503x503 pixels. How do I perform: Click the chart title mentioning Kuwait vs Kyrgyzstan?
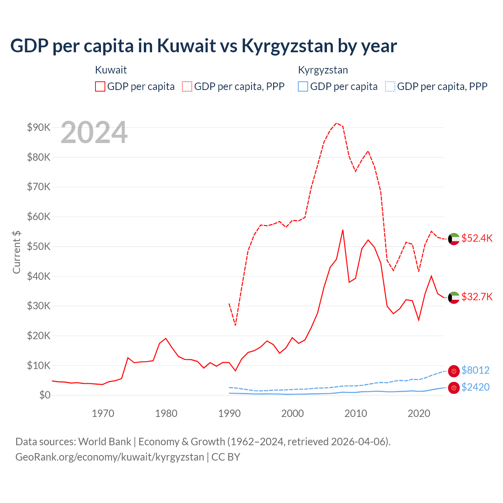[204, 46]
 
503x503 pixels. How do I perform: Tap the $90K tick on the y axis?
[39, 127]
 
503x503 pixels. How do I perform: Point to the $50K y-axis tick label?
[39, 246]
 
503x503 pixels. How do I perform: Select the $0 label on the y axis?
[45, 395]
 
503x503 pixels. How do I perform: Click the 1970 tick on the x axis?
[103, 413]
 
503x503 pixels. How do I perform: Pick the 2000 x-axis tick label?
[292, 413]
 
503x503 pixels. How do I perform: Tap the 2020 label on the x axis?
[419, 413]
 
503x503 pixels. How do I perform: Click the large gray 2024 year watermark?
[94, 133]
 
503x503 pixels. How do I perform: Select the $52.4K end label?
[477, 239]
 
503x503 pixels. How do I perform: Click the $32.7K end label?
[477, 297]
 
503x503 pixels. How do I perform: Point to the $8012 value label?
[475, 370]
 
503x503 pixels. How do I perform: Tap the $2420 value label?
[475, 387]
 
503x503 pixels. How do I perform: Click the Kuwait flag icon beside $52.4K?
[454, 239]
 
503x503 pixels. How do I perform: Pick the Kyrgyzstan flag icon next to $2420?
[454, 388]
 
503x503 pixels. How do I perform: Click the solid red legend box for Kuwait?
[100, 86]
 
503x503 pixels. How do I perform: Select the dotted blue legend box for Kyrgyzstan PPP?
[390, 86]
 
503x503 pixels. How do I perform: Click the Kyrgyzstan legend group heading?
[323, 70]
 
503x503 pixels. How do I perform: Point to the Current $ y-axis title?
[17, 252]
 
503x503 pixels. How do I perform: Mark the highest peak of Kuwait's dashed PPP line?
[336, 123]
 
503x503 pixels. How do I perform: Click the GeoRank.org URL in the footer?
[110, 457]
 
